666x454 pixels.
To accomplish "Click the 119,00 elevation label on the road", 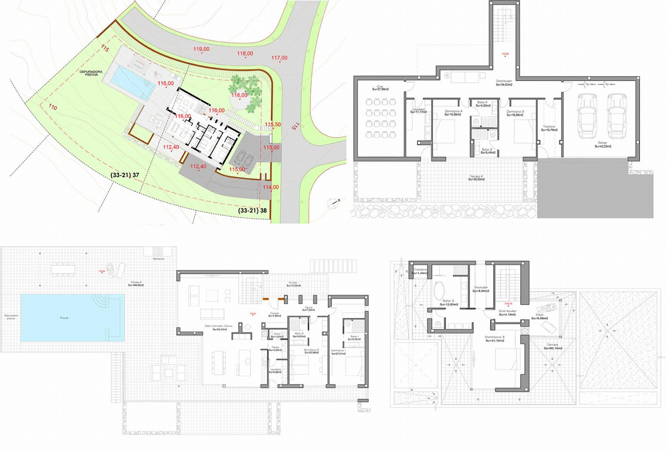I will pyautogui.click(x=201, y=49).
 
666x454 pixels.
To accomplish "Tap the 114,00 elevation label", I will pyautogui.click(x=271, y=187).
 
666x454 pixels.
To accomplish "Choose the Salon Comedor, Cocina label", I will pyautogui.click(x=224, y=328).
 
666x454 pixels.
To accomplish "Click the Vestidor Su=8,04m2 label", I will pyautogui.click(x=481, y=289).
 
